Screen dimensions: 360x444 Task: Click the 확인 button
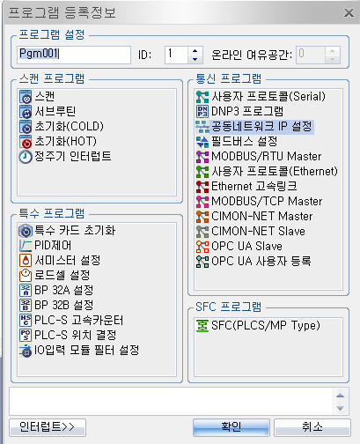[231, 427]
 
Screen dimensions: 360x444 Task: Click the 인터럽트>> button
[48, 427]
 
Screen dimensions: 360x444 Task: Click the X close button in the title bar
[349, 12]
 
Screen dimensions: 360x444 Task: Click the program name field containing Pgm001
[74, 55]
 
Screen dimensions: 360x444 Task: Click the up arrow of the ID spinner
[195, 50]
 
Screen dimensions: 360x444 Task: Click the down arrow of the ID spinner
[195, 59]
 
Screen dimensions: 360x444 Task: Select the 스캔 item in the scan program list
[37, 96]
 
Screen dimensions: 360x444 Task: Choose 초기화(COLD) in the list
[62, 126]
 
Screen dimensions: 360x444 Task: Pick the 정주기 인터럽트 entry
[65, 156]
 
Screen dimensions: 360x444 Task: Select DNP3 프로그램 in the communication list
[239, 111]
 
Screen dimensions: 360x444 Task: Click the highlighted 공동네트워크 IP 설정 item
[254, 127]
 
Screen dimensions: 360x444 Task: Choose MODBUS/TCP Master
[259, 201]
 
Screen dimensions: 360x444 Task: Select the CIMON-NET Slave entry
[251, 231]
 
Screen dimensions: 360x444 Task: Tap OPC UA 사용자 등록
[253, 261]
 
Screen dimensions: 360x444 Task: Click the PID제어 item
[45, 245]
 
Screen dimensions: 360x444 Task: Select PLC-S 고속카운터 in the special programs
[71, 320]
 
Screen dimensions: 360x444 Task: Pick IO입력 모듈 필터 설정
[79, 350]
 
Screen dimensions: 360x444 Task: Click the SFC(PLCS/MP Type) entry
[258, 326]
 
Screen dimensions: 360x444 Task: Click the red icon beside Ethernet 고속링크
[202, 186]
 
